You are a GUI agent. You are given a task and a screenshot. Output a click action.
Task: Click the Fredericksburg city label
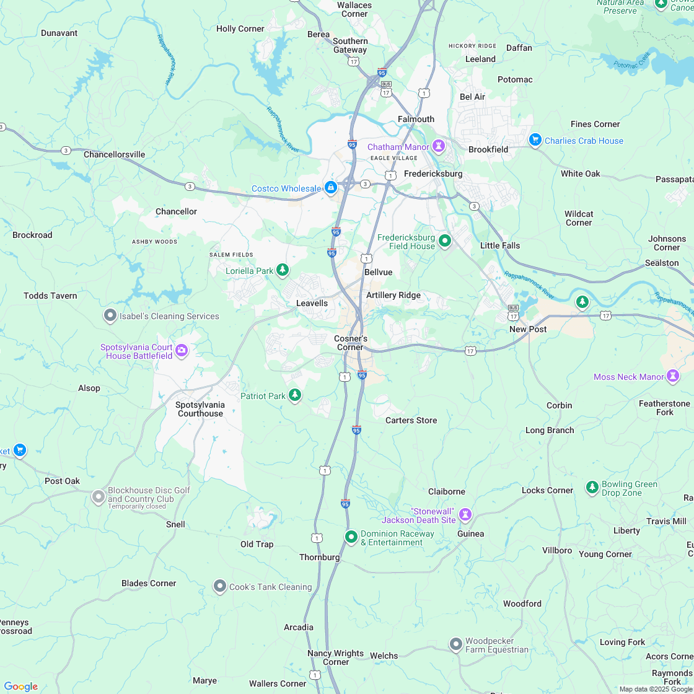pyautogui.click(x=433, y=173)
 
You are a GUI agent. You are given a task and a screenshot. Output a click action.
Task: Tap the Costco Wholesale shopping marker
pyautogui.click(x=331, y=187)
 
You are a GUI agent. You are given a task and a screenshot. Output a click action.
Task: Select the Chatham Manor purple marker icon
pyautogui.click(x=439, y=146)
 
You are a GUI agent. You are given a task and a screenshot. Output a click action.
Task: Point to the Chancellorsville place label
pyautogui.click(x=114, y=154)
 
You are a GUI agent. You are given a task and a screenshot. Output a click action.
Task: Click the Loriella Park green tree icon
pyautogui.click(x=283, y=270)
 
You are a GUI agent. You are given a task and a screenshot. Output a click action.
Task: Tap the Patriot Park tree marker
pyautogui.click(x=295, y=395)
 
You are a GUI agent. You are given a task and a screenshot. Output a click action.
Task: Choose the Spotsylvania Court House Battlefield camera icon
pyautogui.click(x=181, y=351)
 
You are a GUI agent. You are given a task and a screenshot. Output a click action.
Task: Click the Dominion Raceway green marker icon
pyautogui.click(x=351, y=536)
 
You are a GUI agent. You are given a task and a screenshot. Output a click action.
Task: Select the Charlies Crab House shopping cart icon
pyautogui.click(x=535, y=140)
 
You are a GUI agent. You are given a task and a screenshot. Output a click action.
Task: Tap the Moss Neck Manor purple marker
pyautogui.click(x=672, y=376)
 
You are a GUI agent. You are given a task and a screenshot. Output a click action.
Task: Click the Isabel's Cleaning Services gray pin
pyautogui.click(x=110, y=315)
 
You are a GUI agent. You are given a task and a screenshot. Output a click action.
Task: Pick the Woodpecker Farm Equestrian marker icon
pyautogui.click(x=455, y=644)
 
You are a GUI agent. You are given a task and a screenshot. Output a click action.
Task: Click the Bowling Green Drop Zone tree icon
pyautogui.click(x=592, y=487)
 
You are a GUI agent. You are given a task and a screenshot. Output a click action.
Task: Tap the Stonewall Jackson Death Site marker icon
pyautogui.click(x=465, y=514)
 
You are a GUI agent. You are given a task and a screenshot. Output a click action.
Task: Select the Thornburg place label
pyautogui.click(x=319, y=557)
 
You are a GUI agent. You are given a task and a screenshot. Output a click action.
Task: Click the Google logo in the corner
pyautogui.click(x=20, y=687)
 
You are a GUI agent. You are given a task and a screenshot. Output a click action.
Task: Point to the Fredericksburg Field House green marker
pyautogui.click(x=444, y=240)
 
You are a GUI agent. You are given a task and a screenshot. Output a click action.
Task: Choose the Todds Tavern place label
pyautogui.click(x=50, y=296)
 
